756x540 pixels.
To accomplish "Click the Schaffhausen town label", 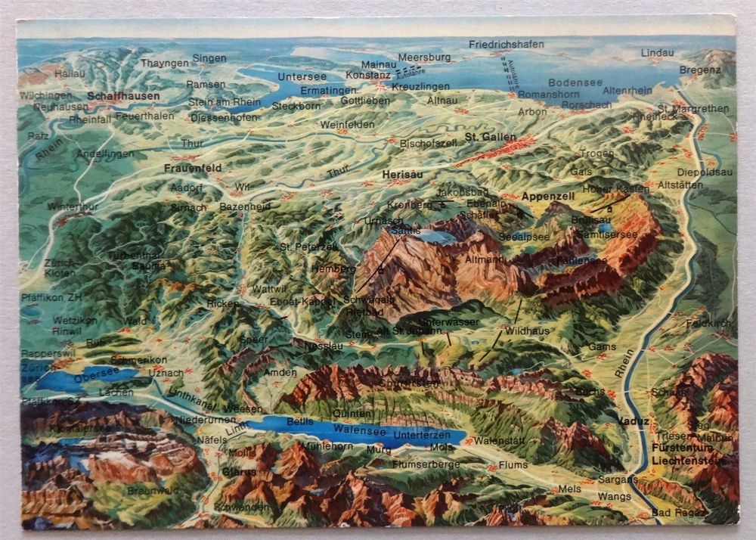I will coord(123,96).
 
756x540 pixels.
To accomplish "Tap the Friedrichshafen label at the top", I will coord(506,45).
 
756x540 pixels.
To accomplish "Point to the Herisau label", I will coord(402,173).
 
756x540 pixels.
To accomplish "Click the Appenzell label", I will coord(548,196).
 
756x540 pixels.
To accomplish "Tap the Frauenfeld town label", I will coord(189,168).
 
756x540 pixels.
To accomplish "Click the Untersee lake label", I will coord(301,76).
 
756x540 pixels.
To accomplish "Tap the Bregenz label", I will coord(700,70).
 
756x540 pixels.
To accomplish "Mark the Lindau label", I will coord(657,53).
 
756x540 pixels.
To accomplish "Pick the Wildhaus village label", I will coord(526,331).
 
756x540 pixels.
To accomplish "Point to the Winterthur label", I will coord(73,206).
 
